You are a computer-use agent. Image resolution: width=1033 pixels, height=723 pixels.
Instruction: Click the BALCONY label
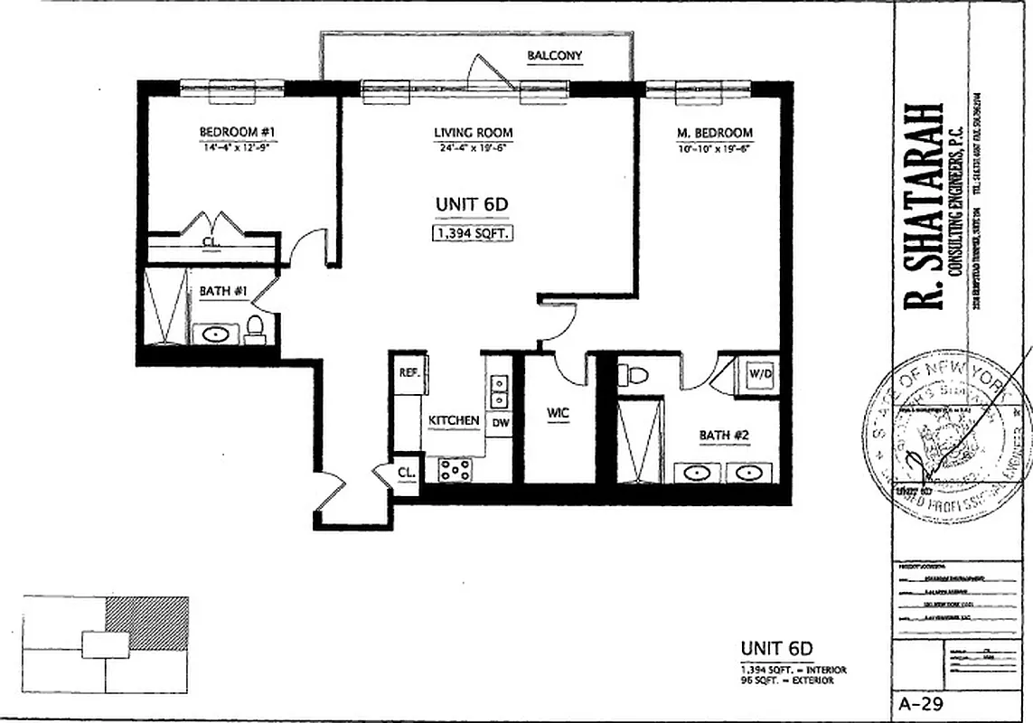pos(555,56)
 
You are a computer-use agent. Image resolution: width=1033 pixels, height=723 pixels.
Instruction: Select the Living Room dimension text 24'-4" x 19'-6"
pos(472,147)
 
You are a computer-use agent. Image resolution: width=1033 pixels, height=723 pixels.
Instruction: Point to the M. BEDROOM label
pos(714,133)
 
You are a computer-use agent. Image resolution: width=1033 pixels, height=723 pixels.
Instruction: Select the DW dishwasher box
pos(499,422)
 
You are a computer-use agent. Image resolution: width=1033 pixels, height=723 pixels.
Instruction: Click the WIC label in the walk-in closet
pos(557,414)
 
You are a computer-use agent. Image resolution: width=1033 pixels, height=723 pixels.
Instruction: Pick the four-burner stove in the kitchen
pos(455,469)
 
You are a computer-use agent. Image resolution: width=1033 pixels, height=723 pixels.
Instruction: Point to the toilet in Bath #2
pos(634,374)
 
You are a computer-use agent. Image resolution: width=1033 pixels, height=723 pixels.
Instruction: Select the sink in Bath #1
pos(217,334)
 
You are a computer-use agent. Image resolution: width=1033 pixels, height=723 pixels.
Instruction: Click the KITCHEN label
pos(454,421)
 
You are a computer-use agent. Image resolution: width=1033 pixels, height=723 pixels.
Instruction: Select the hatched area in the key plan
pos(147,621)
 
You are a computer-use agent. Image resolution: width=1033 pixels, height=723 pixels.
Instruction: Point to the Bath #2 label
pos(724,436)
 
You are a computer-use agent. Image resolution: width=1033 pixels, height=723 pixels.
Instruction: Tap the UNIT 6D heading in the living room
pos(472,205)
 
